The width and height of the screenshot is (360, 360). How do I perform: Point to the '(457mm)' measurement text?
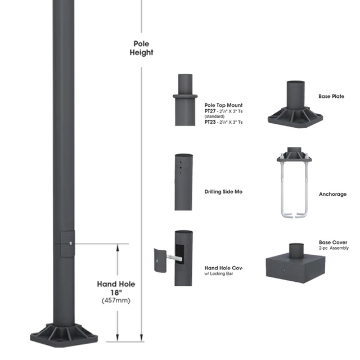tap(116, 301)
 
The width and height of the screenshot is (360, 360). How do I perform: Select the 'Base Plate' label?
tap(331, 97)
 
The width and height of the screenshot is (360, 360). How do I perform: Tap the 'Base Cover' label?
tap(332, 242)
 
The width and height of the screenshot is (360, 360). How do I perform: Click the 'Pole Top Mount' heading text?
tap(223, 105)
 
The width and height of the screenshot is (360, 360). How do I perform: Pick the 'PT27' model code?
tap(210, 111)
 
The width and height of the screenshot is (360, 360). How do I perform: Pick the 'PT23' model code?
tap(210, 121)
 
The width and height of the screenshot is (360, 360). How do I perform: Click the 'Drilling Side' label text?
tap(223, 192)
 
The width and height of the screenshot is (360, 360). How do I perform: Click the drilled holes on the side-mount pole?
tap(181, 167)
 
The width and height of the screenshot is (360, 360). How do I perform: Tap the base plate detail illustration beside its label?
tap(295, 104)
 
